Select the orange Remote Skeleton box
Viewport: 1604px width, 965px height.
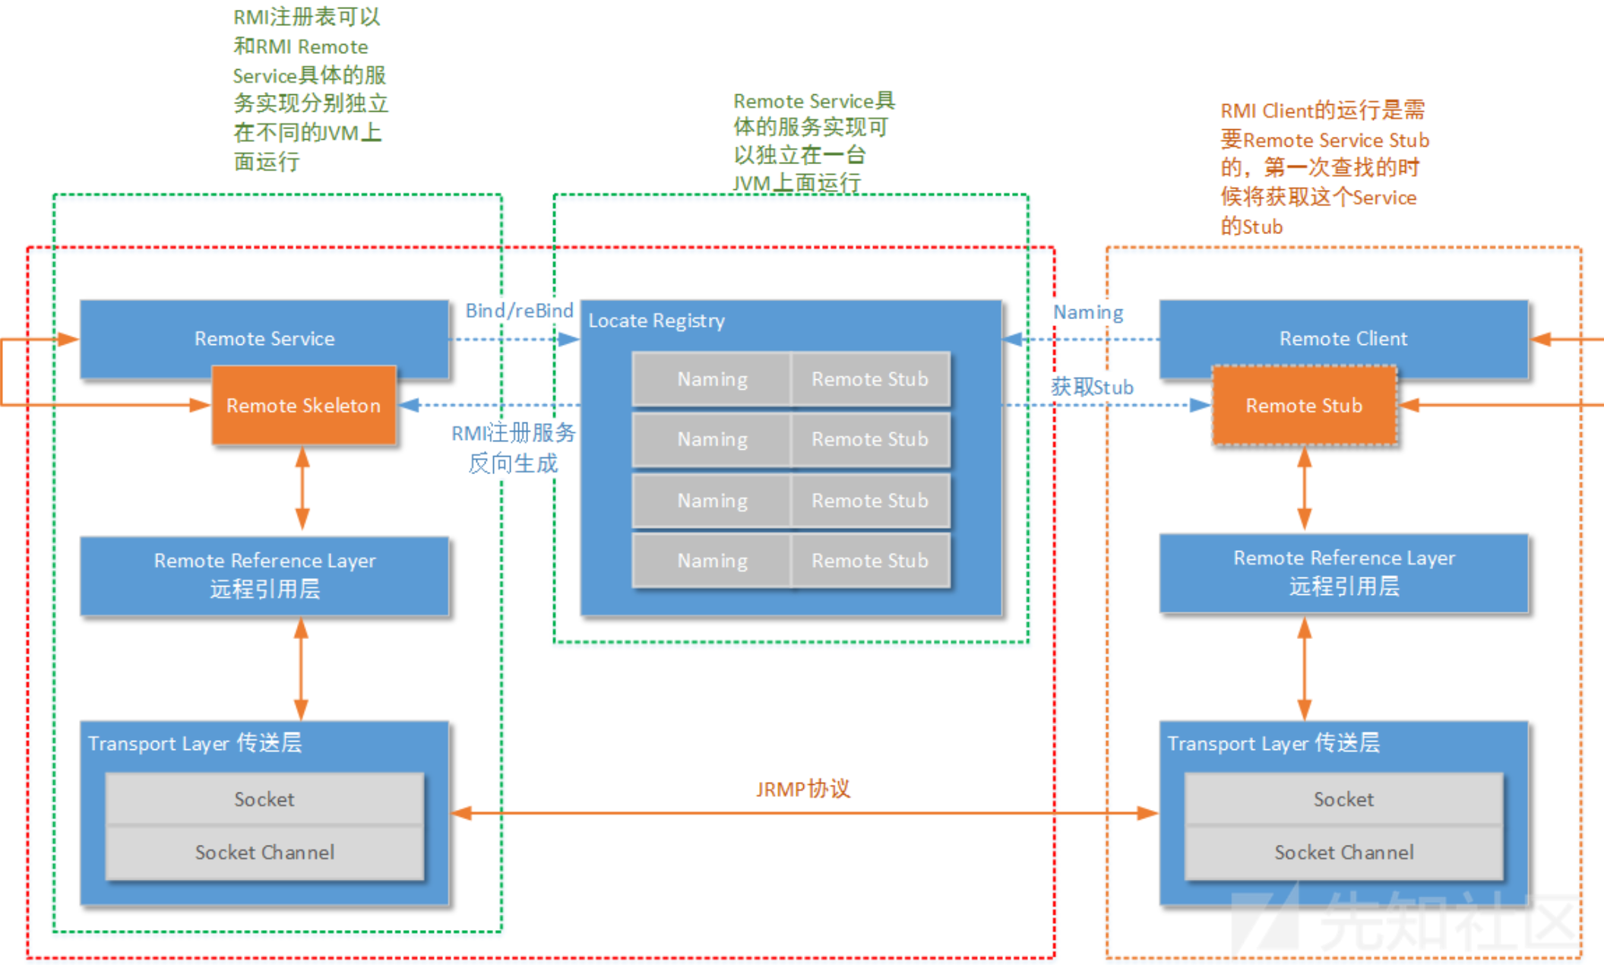pyautogui.click(x=304, y=405)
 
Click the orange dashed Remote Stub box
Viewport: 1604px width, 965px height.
pyautogui.click(x=1304, y=405)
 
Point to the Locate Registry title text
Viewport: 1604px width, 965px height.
pyautogui.click(x=656, y=321)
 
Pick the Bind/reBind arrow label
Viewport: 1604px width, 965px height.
pyautogui.click(x=520, y=310)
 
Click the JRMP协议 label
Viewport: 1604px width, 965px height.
pyautogui.click(x=803, y=789)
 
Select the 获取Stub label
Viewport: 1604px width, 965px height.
pyautogui.click(x=1092, y=387)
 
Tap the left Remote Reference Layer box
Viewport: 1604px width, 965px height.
pyautogui.click(x=264, y=575)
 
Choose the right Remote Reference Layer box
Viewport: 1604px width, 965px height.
pyautogui.click(x=1343, y=573)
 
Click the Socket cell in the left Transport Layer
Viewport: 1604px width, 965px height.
pyautogui.click(x=264, y=799)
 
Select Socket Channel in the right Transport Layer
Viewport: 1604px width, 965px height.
pyautogui.click(x=1343, y=853)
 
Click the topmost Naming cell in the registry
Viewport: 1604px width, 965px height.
pyautogui.click(x=712, y=378)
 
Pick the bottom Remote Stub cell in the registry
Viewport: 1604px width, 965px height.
pyautogui.click(x=870, y=561)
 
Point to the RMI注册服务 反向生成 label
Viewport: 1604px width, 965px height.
pyautogui.click(x=514, y=448)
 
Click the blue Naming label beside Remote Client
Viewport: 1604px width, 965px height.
pyautogui.click(x=1088, y=312)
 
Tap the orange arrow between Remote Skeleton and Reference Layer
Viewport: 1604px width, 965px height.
pyautogui.click(x=302, y=489)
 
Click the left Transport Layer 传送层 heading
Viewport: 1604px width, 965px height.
pyautogui.click(x=195, y=742)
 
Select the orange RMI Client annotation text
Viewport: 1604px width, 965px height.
pyautogui.click(x=1324, y=168)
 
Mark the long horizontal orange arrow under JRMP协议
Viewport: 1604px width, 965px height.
pyautogui.click(x=805, y=813)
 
